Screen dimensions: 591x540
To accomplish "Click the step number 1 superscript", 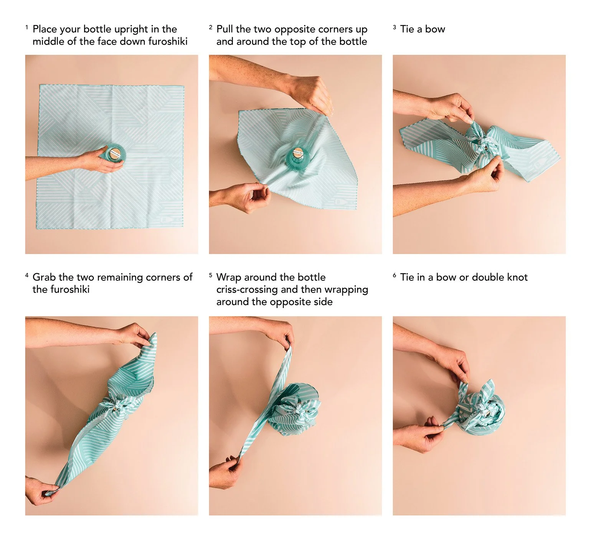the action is pyautogui.click(x=27, y=27).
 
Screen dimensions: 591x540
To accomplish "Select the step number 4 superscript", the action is pyautogui.click(x=27, y=275).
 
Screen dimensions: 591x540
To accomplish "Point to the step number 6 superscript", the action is pyautogui.click(x=395, y=275).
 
